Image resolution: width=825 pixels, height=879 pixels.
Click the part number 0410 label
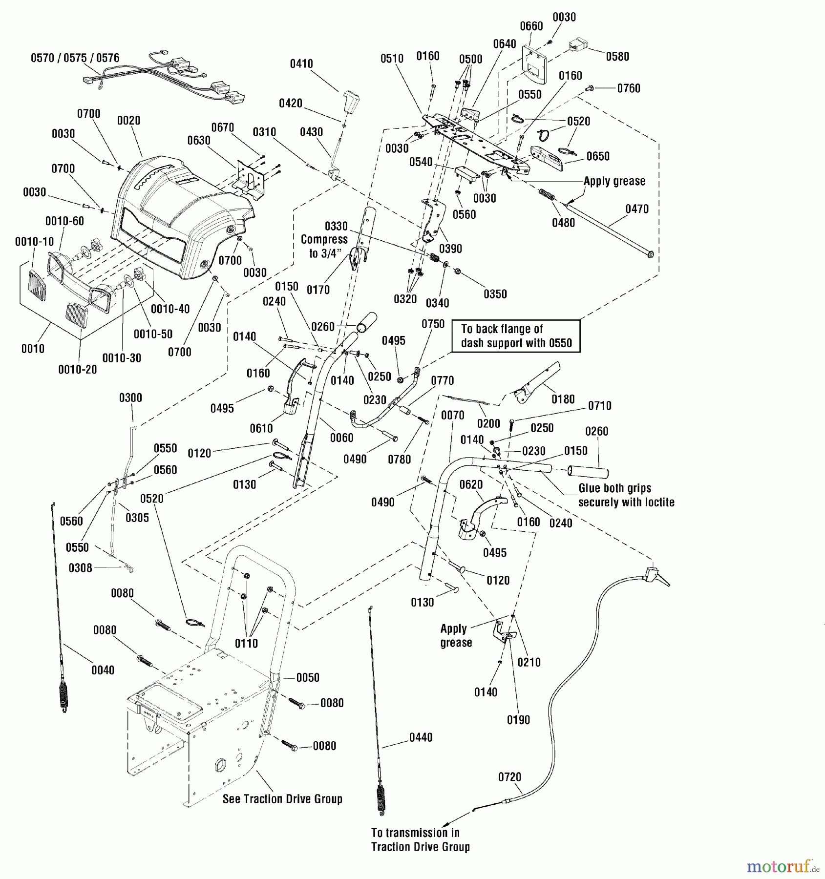coord(301,64)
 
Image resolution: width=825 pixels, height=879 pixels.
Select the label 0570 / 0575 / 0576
coord(75,58)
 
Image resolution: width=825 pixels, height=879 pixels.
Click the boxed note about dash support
coord(516,336)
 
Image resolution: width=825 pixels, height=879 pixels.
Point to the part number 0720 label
coord(509,777)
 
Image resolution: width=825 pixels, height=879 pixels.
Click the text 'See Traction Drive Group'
coord(282,799)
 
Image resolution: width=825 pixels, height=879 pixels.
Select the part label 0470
coord(637,209)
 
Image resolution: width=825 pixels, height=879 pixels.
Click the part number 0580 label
coord(617,57)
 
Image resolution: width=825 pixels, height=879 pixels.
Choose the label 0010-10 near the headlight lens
coord(34,242)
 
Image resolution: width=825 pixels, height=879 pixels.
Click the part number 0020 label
coord(129,120)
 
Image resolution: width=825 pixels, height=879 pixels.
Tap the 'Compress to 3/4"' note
coord(324,246)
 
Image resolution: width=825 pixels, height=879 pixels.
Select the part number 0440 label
coord(421,737)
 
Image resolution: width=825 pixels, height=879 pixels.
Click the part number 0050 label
coord(308,677)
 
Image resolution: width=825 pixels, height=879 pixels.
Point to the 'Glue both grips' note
coord(626,495)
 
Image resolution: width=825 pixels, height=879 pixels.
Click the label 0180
coord(563,399)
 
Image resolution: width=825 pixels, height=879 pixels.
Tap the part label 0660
coord(531,26)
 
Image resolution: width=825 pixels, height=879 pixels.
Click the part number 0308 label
coord(80,568)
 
